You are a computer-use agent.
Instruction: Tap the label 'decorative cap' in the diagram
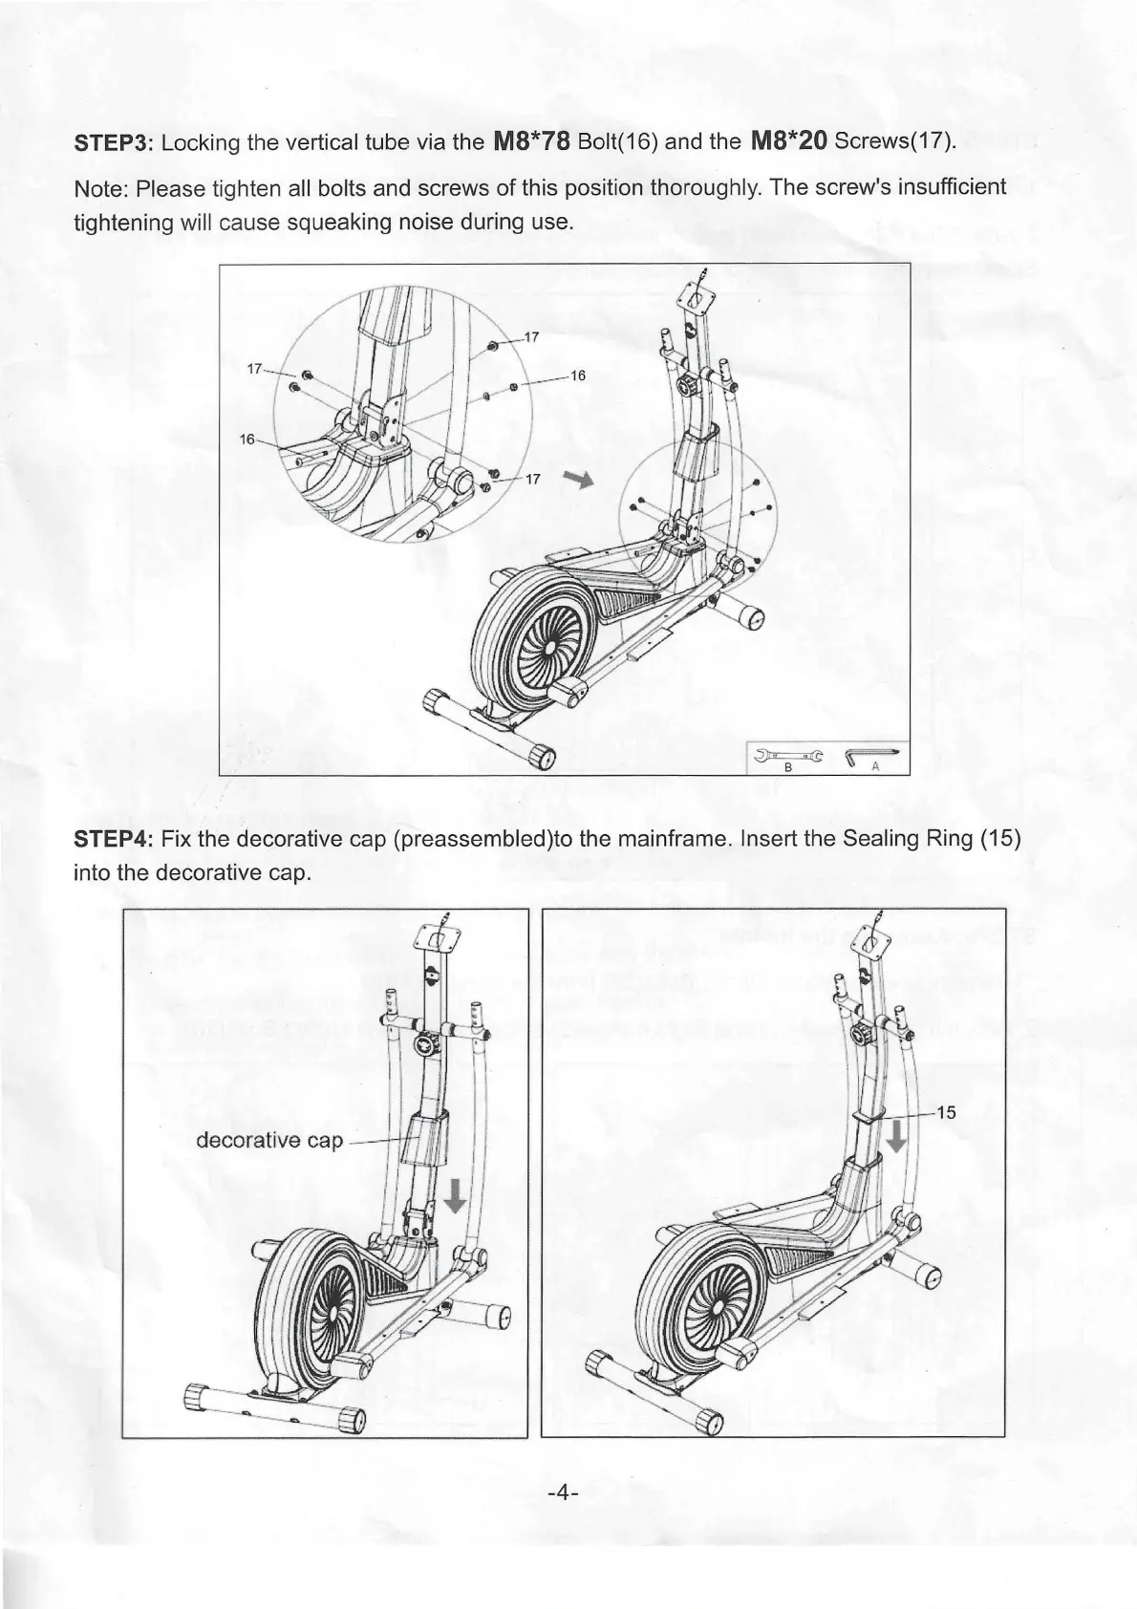pos(268,1140)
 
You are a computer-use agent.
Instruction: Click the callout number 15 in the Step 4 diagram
pos(945,1112)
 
